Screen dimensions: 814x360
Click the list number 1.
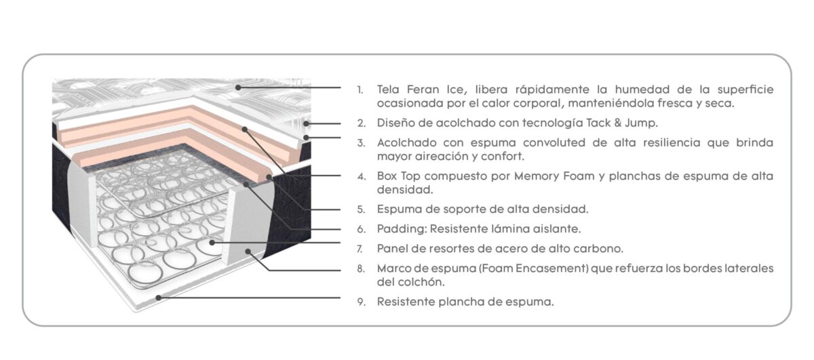(360, 89)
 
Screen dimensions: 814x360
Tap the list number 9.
(361, 302)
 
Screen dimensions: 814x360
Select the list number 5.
(361, 209)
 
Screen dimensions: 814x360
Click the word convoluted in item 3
(554, 142)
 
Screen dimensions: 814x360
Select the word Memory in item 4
(535, 176)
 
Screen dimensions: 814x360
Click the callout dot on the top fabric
(238, 87)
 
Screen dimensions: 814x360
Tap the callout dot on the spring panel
(212, 242)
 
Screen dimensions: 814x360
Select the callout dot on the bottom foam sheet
(159, 298)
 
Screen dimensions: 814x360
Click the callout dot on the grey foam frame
(248, 252)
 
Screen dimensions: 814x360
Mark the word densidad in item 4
(405, 190)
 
